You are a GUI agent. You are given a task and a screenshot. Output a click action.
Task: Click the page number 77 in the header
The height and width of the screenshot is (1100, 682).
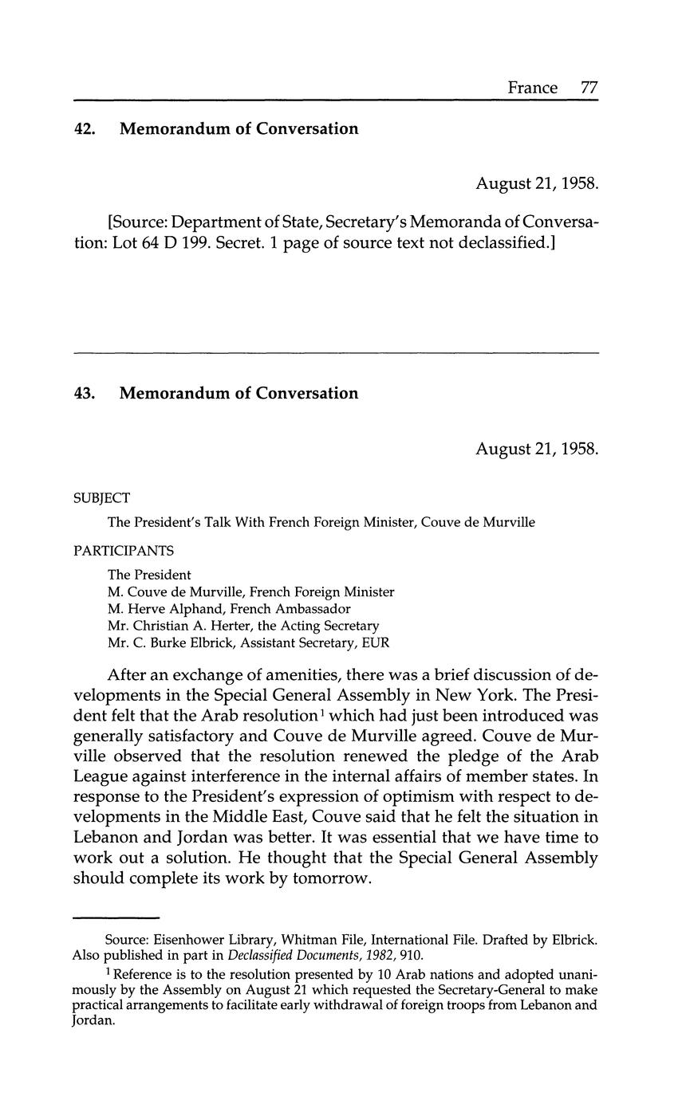[589, 88]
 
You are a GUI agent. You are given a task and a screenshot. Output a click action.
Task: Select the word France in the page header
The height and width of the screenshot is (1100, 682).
[533, 88]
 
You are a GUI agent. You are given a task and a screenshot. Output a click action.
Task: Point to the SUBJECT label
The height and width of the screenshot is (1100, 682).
[101, 498]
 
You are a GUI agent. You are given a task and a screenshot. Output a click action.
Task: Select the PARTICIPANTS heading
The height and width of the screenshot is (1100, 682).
[124, 551]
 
